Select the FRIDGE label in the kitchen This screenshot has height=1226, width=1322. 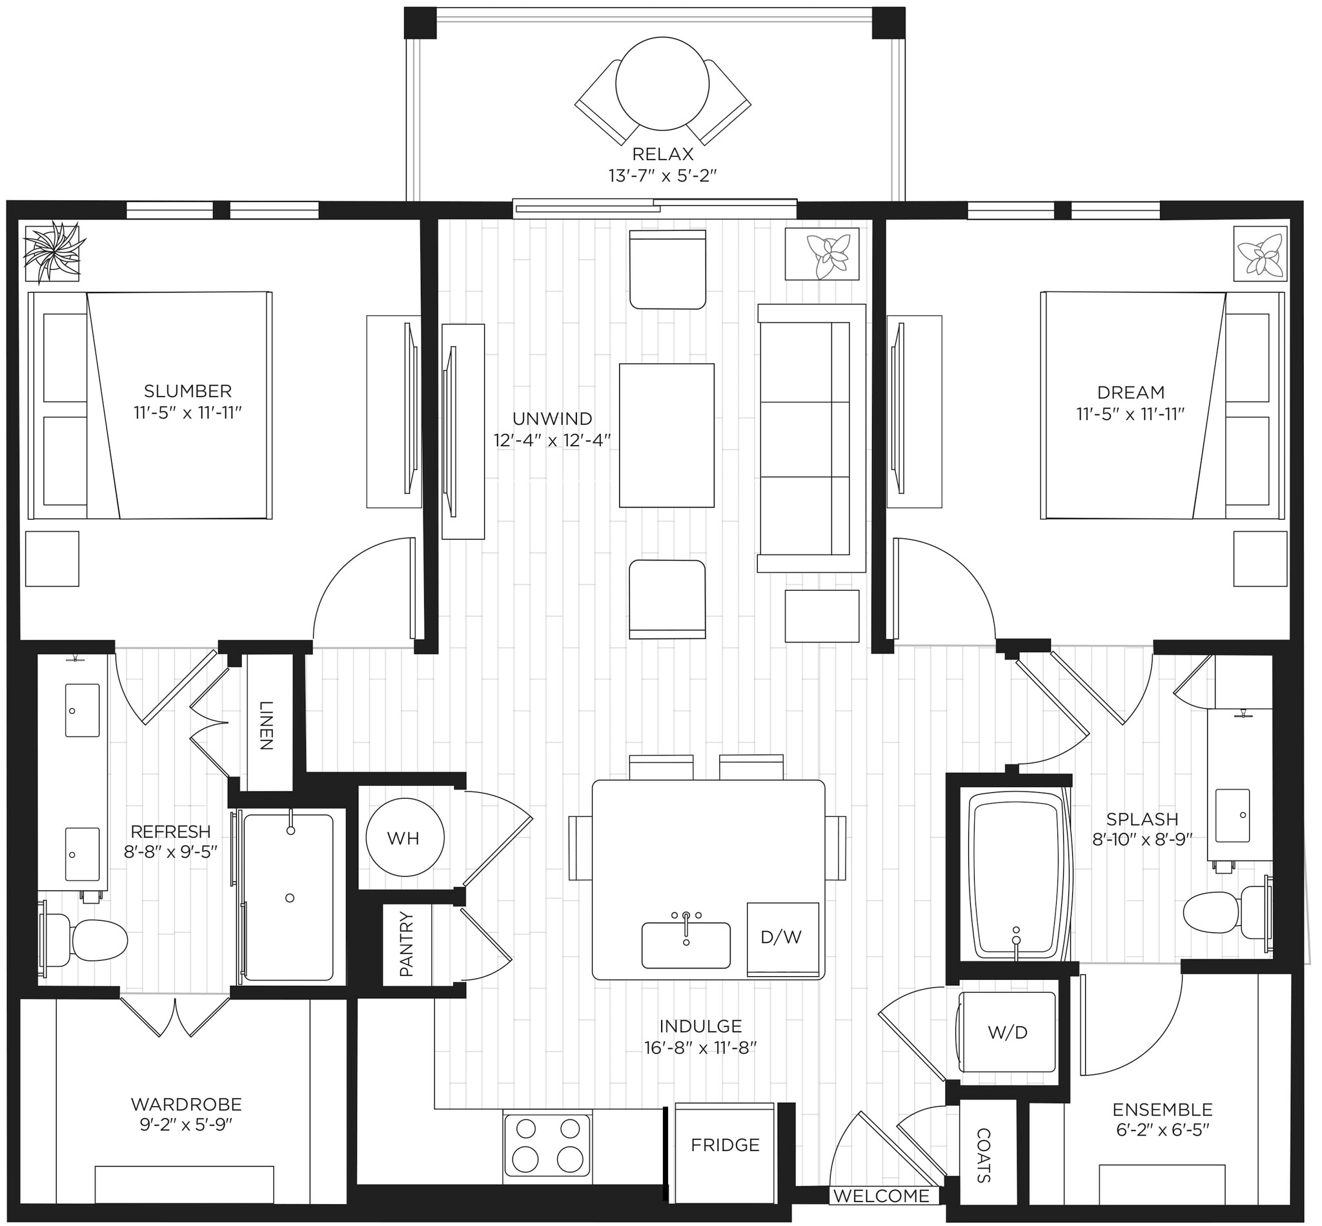(x=724, y=1145)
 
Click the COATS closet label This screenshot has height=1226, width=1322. (x=984, y=1155)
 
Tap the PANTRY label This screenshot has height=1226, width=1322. (x=407, y=944)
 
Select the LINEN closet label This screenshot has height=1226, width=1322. (x=266, y=725)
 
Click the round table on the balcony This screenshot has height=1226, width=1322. (x=662, y=83)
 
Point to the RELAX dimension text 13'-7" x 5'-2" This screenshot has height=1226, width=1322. (x=663, y=176)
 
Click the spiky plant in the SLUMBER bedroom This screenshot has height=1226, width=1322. (x=52, y=254)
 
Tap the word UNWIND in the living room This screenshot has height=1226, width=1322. (x=552, y=418)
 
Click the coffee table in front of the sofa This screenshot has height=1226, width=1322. (x=666, y=435)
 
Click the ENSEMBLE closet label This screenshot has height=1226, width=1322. (x=1162, y=1109)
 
